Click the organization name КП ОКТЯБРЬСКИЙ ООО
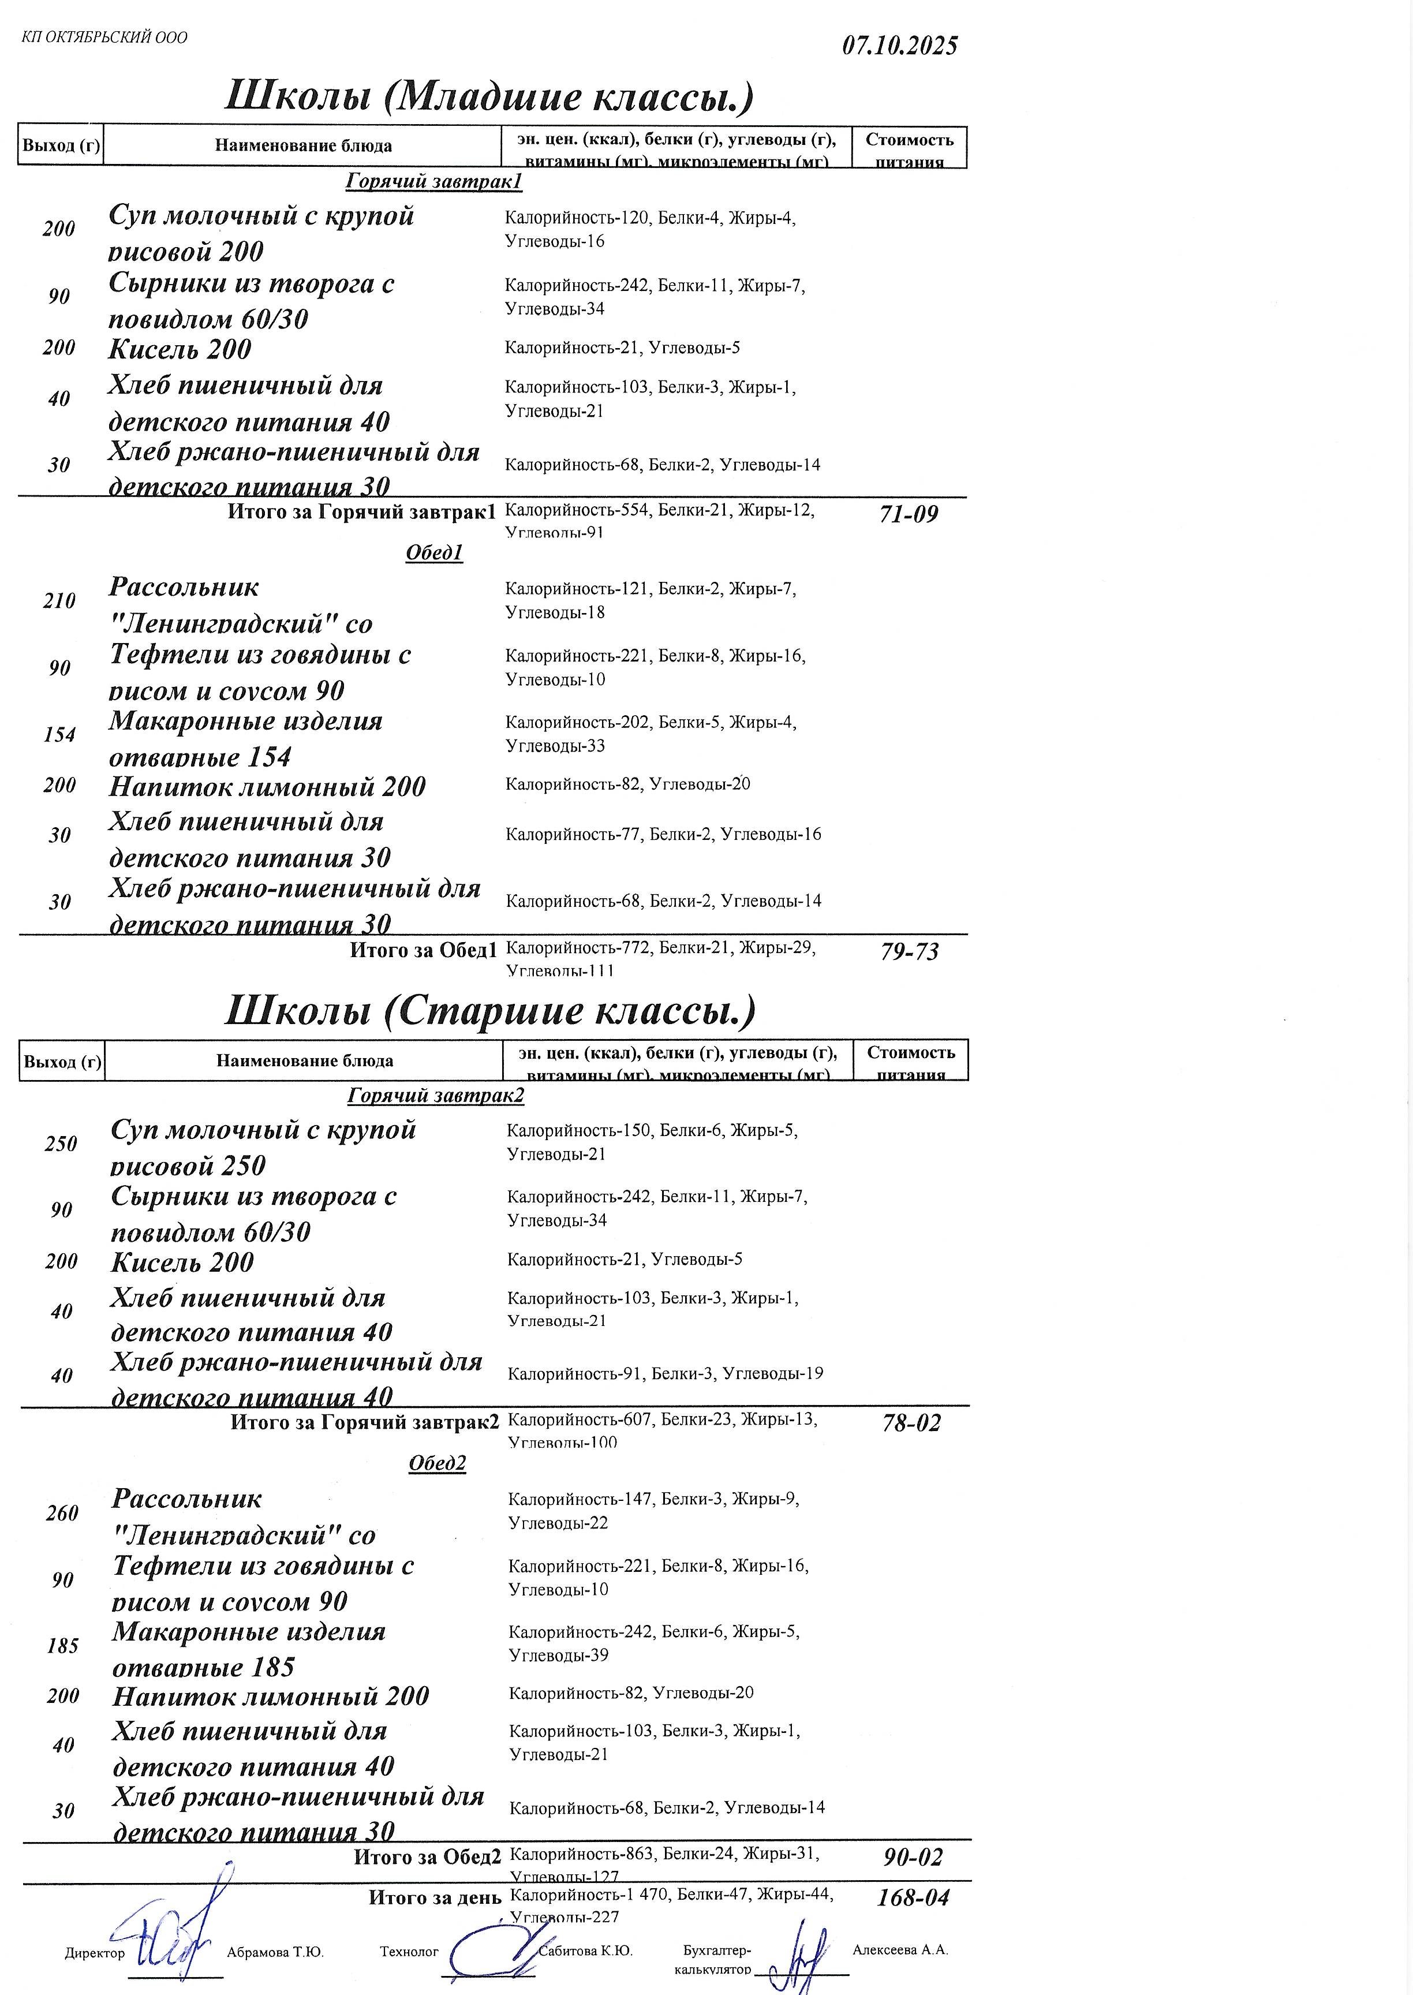pyautogui.click(x=104, y=38)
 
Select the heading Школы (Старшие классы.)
pyautogui.click(x=490, y=1010)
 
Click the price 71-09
pyautogui.click(x=909, y=514)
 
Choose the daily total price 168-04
pyautogui.click(x=913, y=1897)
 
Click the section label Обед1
pyautogui.click(x=434, y=552)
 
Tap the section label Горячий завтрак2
pyautogui.click(x=436, y=1096)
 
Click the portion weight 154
pyautogui.click(x=59, y=735)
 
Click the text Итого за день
pyautogui.click(x=435, y=1897)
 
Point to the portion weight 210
pyautogui.click(x=59, y=601)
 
